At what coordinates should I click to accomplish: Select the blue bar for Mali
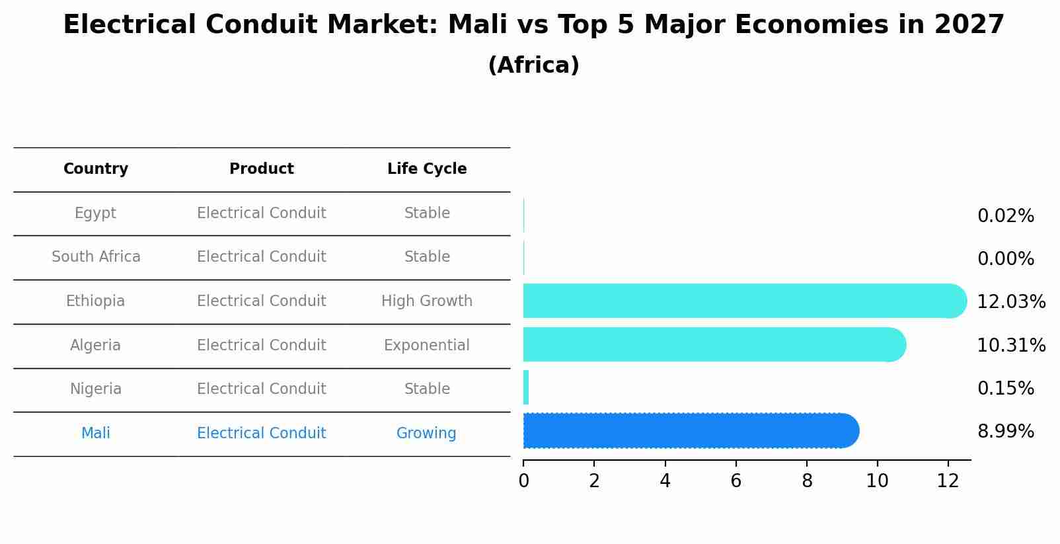pyautogui.click(x=687, y=431)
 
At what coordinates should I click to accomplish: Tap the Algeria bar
pyautogui.click(x=710, y=344)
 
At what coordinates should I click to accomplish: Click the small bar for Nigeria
pyautogui.click(x=526, y=388)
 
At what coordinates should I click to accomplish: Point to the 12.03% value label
pyautogui.click(x=1010, y=302)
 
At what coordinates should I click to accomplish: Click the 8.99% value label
pyautogui.click(x=1005, y=432)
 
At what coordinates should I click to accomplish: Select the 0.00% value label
pyautogui.click(x=1005, y=259)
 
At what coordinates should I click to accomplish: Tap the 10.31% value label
pyautogui.click(x=1010, y=346)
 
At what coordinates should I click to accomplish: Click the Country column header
pyautogui.click(x=96, y=169)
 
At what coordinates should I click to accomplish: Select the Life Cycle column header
pyautogui.click(x=427, y=169)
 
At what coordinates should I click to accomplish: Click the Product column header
pyautogui.click(x=262, y=169)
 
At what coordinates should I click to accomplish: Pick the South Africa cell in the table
pyautogui.click(x=96, y=257)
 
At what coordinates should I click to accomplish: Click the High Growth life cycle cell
pyautogui.click(x=427, y=301)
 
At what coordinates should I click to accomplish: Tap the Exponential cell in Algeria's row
pyautogui.click(x=427, y=346)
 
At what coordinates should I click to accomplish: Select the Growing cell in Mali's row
pyautogui.click(x=426, y=434)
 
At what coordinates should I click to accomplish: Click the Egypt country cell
pyautogui.click(x=96, y=214)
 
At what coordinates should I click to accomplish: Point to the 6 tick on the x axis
pyautogui.click(x=736, y=481)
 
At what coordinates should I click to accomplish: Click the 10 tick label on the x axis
pyautogui.click(x=877, y=481)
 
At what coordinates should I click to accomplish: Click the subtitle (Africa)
pyautogui.click(x=533, y=65)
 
